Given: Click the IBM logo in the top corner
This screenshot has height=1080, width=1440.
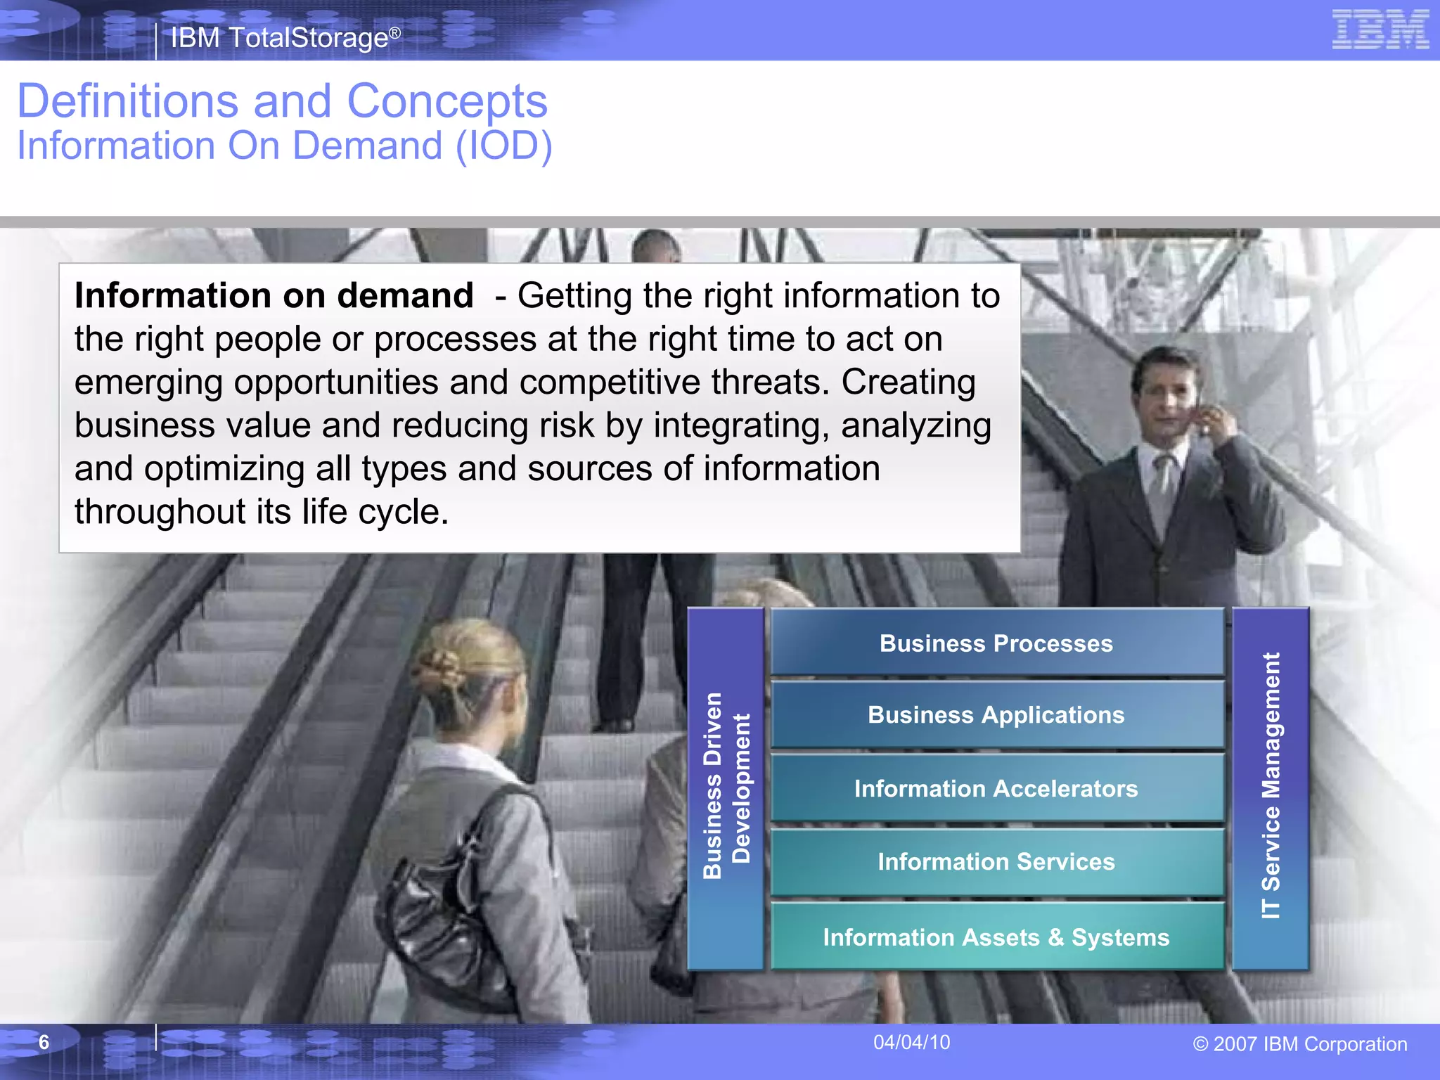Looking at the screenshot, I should (x=1380, y=30).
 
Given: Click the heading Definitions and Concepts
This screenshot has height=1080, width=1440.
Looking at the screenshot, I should (x=282, y=101).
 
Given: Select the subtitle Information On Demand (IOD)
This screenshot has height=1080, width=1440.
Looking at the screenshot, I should (x=285, y=146).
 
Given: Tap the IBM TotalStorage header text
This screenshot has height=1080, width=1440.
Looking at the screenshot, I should (x=285, y=38).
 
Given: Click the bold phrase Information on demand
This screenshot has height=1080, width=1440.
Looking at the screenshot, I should (x=274, y=295).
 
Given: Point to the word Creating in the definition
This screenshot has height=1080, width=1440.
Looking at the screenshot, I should (x=908, y=382).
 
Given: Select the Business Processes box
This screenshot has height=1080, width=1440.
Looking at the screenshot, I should (x=996, y=643).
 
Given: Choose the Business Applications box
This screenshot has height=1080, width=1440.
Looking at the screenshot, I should (x=996, y=715).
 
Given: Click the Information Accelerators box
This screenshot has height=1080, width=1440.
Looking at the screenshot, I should (x=996, y=788).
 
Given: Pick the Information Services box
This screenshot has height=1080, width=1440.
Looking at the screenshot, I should (x=996, y=861).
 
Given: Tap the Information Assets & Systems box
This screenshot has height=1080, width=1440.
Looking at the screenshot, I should (x=996, y=937).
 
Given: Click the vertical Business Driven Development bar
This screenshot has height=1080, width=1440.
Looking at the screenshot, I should (x=726, y=787).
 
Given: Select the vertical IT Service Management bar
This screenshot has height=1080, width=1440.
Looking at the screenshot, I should (x=1271, y=787).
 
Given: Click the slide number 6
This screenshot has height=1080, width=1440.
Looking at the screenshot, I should (x=44, y=1042).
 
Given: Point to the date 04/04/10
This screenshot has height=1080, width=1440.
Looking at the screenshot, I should (x=911, y=1042).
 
